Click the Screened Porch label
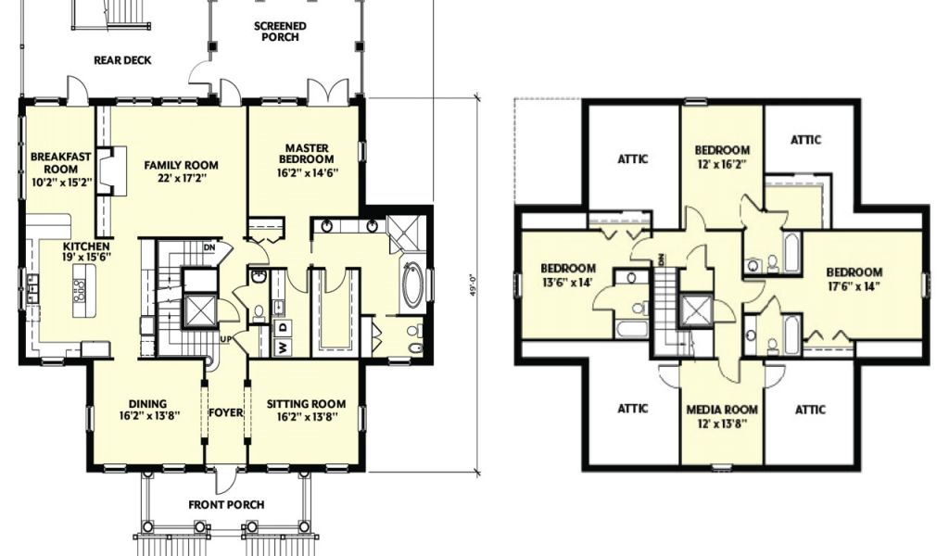pyautogui.click(x=280, y=32)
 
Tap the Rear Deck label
pyautogui.click(x=122, y=60)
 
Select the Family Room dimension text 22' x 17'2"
pyautogui.click(x=181, y=179)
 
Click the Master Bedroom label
pyautogui.click(x=307, y=153)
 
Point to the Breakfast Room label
pyautogui.click(x=60, y=163)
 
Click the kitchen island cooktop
pyautogui.click(x=80, y=291)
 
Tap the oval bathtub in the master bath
pyautogui.click(x=414, y=284)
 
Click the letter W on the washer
pyautogui.click(x=283, y=347)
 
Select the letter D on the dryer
pyautogui.click(x=283, y=328)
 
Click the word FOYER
pyautogui.click(x=226, y=412)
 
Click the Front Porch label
pyautogui.click(x=226, y=505)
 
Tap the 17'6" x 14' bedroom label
pyautogui.click(x=854, y=279)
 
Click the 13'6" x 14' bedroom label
pyautogui.click(x=568, y=274)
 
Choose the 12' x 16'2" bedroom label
pyautogui.click(x=722, y=156)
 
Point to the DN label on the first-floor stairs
pyautogui.click(x=209, y=246)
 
